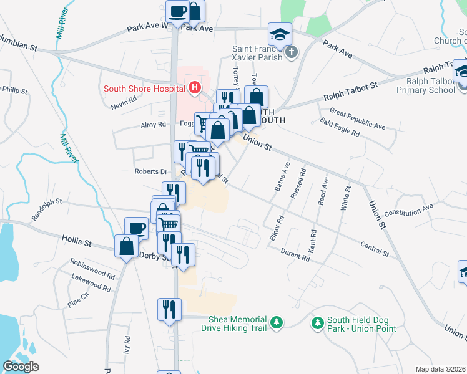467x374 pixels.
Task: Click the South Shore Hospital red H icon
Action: coord(194,88)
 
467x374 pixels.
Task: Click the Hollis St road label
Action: coord(77,239)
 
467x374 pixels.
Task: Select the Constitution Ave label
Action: coord(409,209)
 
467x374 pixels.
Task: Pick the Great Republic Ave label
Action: coord(358,118)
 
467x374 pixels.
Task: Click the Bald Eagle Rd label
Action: coord(340,128)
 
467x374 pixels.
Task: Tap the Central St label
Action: coord(374,247)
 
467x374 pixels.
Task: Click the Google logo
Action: coord(21,367)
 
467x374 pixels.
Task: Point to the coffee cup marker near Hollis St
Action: coord(137,228)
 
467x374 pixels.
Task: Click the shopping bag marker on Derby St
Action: coord(127,246)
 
